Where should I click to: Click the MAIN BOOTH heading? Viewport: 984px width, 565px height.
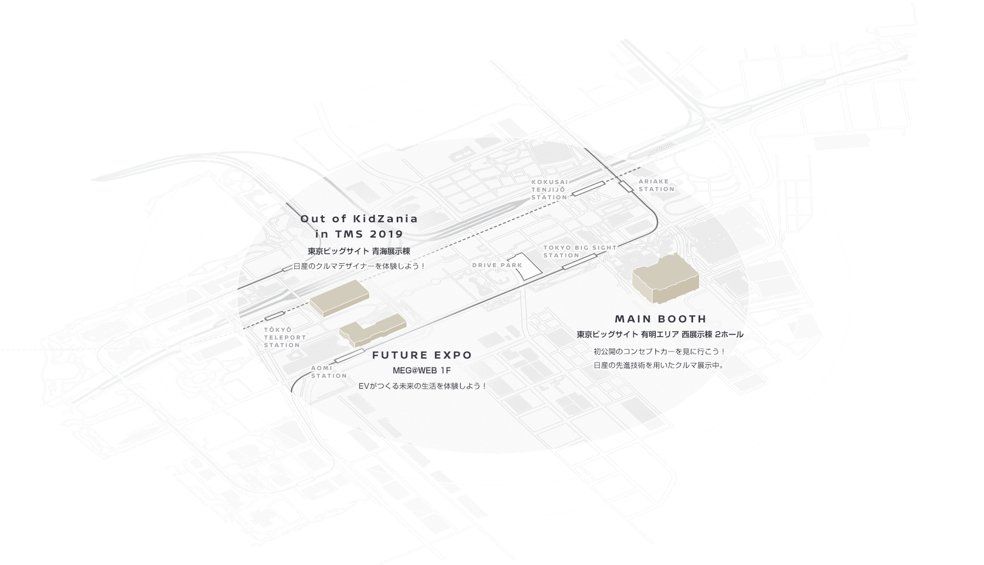(660, 319)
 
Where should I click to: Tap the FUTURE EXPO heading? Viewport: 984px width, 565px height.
(422, 355)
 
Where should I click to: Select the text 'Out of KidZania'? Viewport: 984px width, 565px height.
(359, 219)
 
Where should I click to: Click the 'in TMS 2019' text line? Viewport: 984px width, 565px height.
(359, 234)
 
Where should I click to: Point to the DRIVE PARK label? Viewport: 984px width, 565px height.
(497, 266)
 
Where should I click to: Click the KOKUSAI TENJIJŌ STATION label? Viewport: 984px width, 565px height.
(550, 189)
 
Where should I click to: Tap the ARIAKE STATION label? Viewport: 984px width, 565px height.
(656, 185)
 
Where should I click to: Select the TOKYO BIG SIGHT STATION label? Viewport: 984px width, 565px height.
(579, 251)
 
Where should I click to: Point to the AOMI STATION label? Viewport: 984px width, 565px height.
(329, 372)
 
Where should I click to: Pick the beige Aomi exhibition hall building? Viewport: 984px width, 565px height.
(339, 297)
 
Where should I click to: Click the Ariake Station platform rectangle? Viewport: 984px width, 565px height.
(626, 186)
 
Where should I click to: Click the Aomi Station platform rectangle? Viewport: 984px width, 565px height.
(348, 355)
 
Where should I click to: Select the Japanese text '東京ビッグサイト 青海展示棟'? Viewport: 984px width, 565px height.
(359, 252)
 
